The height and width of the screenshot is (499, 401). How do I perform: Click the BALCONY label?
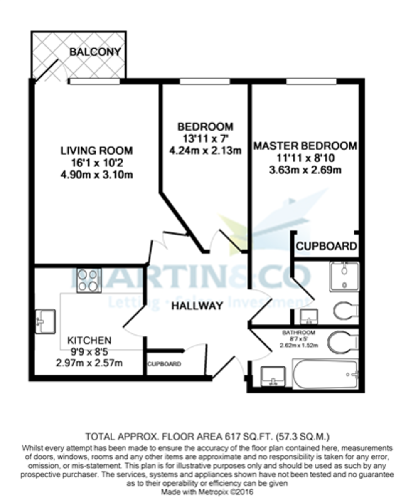pyautogui.click(x=95, y=52)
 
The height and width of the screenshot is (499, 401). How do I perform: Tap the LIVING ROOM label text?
pyautogui.click(x=96, y=151)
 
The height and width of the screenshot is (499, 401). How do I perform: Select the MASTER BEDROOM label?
pyautogui.click(x=305, y=146)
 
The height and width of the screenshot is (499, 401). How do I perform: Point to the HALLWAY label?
pyautogui.click(x=197, y=306)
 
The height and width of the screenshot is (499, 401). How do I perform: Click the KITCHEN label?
pyautogui.click(x=89, y=340)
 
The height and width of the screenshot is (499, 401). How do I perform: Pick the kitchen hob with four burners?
pyautogui.click(x=89, y=280)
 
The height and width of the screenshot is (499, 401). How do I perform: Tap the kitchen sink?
pyautogui.click(x=45, y=321)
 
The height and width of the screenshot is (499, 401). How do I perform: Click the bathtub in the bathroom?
pyautogui.click(x=325, y=374)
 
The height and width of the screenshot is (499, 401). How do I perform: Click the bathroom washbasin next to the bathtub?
pyautogui.click(x=273, y=376)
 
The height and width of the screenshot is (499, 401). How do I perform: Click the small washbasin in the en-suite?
pyautogui.click(x=309, y=316)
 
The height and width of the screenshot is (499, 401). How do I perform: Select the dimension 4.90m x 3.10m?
pyautogui.click(x=96, y=175)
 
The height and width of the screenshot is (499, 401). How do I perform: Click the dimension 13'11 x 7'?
pyautogui.click(x=205, y=138)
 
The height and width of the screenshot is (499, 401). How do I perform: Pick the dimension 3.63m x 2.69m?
pyautogui.click(x=305, y=170)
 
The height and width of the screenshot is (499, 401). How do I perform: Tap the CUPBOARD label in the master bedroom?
pyautogui.click(x=326, y=246)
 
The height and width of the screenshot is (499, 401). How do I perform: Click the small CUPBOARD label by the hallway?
pyautogui.click(x=164, y=364)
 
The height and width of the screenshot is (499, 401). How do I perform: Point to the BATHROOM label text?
pyautogui.click(x=299, y=333)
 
